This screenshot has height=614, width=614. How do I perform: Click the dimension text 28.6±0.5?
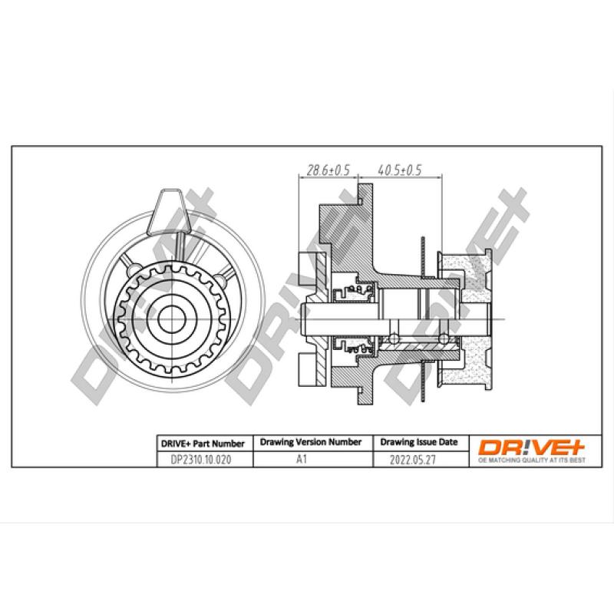[x=328, y=170]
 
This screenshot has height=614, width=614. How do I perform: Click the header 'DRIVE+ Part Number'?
[x=203, y=444]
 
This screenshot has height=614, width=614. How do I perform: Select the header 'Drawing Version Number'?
[x=311, y=443]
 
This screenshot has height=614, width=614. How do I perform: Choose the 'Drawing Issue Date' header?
[x=419, y=443]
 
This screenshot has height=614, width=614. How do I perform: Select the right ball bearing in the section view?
[x=444, y=338]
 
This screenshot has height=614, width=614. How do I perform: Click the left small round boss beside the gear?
[x=131, y=270]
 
